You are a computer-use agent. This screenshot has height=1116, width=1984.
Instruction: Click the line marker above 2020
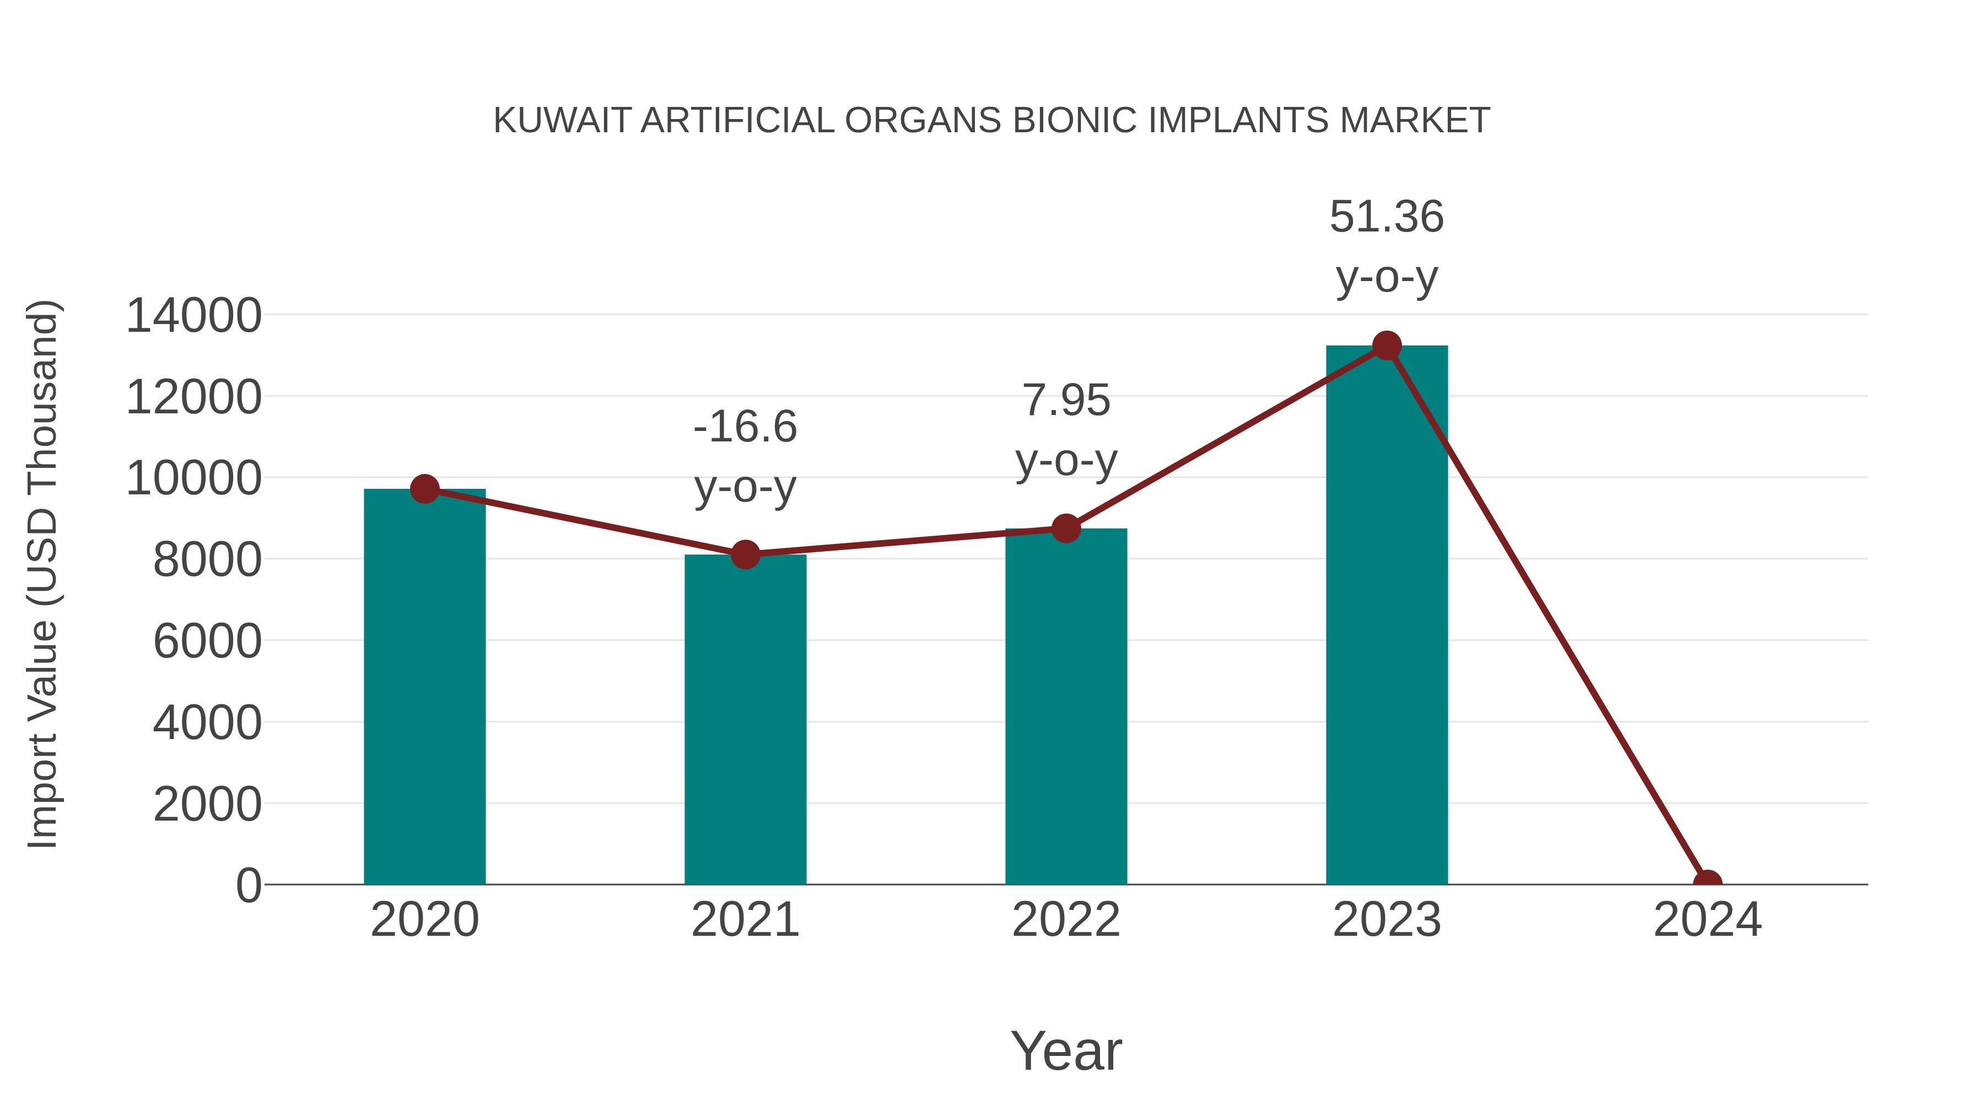425,488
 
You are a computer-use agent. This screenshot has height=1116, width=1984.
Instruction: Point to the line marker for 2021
745,554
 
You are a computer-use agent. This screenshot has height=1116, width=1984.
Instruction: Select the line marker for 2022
1066,529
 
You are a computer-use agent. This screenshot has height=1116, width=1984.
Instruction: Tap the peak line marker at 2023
1387,346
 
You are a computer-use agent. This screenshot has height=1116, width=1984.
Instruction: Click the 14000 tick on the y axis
193,316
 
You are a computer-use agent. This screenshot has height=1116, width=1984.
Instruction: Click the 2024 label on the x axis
1707,920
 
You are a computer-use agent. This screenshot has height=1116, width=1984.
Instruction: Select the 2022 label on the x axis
1066,920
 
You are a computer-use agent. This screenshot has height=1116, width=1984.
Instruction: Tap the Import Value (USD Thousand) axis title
42,574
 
